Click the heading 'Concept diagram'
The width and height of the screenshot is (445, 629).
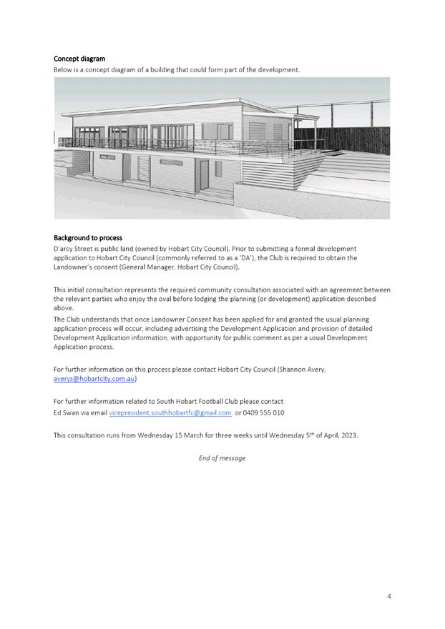79,59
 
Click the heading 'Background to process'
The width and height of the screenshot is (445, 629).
88,237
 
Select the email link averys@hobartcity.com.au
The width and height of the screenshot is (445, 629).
94,379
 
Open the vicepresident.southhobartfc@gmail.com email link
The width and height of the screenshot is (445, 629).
170,412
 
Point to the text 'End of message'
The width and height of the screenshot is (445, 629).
222,458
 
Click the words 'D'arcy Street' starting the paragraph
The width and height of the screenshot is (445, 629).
74,247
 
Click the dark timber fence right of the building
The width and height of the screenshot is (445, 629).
358,135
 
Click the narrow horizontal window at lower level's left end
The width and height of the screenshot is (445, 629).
107,157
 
